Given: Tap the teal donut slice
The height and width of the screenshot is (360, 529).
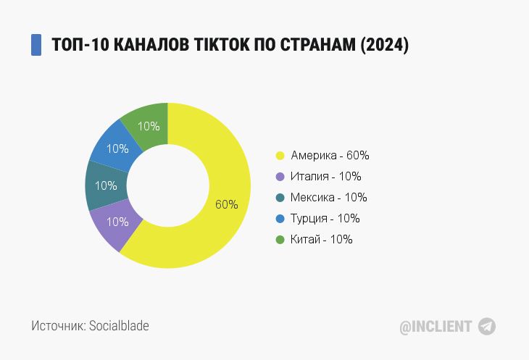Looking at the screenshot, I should (105, 185).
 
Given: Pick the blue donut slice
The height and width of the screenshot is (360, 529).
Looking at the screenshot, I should (116, 148).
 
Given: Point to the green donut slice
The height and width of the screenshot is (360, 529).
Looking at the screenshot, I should (148, 125).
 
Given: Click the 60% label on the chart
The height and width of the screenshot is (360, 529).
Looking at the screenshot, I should (227, 204).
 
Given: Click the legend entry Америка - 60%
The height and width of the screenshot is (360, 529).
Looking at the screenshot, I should (330, 155).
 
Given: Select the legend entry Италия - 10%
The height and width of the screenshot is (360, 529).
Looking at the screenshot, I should (325, 176).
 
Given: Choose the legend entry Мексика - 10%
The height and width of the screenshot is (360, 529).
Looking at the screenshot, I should (329, 197).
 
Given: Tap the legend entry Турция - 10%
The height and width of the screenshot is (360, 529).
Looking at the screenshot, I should (325, 218).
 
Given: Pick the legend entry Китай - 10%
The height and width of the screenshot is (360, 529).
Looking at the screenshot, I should (322, 239).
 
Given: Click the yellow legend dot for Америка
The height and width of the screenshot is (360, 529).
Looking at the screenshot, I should (279, 156).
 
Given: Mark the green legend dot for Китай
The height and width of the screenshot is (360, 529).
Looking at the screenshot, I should (279, 239).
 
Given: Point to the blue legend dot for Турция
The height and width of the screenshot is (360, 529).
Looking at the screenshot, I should (279, 218).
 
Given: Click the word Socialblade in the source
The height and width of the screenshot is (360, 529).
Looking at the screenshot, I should (119, 326).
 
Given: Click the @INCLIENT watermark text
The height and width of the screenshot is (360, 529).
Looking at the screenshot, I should (436, 327).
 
